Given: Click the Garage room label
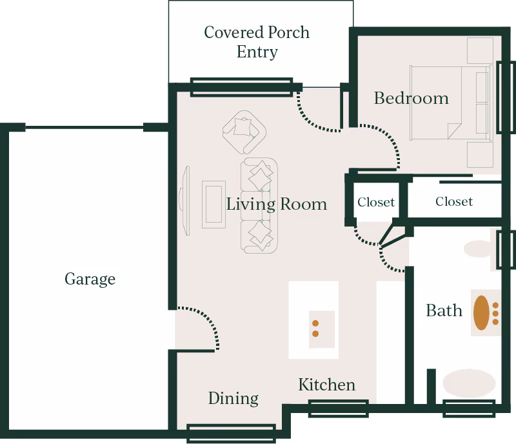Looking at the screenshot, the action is (90, 279).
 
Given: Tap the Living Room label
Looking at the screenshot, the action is (277, 204).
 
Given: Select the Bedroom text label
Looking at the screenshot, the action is (411, 98).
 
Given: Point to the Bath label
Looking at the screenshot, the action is (444, 310).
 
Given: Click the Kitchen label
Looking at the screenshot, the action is (327, 385).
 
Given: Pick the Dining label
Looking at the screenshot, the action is (233, 399).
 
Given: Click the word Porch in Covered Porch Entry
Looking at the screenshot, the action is (288, 32).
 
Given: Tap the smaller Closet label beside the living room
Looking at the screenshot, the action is (376, 202).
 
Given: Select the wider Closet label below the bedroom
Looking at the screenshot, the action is (454, 201).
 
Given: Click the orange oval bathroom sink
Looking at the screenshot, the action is (481, 312).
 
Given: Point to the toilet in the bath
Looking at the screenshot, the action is (479, 248).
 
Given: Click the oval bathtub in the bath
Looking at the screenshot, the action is (469, 383).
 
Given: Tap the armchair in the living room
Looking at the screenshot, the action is (244, 132).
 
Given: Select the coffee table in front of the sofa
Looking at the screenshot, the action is (213, 204).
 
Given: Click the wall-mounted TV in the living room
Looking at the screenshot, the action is (185, 200).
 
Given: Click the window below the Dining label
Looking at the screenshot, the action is (232, 434).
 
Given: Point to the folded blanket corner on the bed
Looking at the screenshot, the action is (453, 130).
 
